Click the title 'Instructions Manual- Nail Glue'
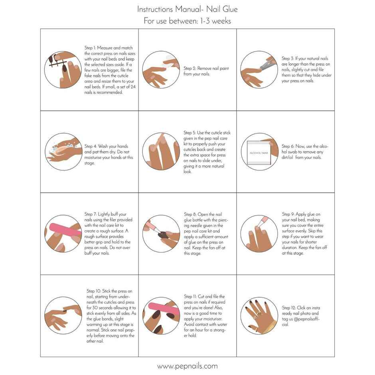tap(187, 9)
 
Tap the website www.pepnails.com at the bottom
tap(187, 366)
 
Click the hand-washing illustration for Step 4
tap(63, 152)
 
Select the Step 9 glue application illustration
tap(259, 233)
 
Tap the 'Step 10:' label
tap(93, 291)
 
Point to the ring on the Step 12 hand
tap(259, 314)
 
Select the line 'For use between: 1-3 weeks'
tap(187, 21)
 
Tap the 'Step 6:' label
tap(288, 146)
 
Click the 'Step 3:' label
tap(288, 59)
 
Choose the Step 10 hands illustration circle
tap(63, 315)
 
